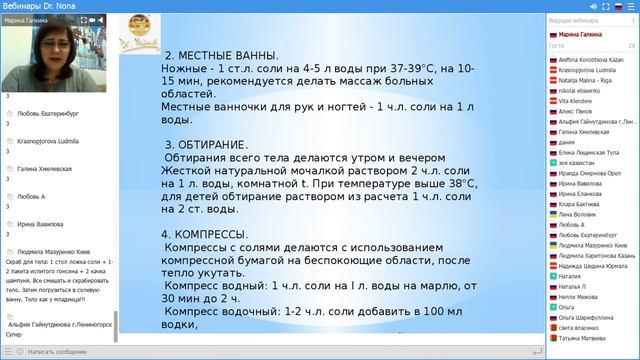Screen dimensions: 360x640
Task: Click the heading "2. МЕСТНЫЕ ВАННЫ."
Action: (221, 56)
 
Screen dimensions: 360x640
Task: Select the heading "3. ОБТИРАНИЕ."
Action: (206, 145)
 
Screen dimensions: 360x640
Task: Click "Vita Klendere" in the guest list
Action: (579, 102)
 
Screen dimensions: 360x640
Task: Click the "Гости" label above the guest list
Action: (557, 46)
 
